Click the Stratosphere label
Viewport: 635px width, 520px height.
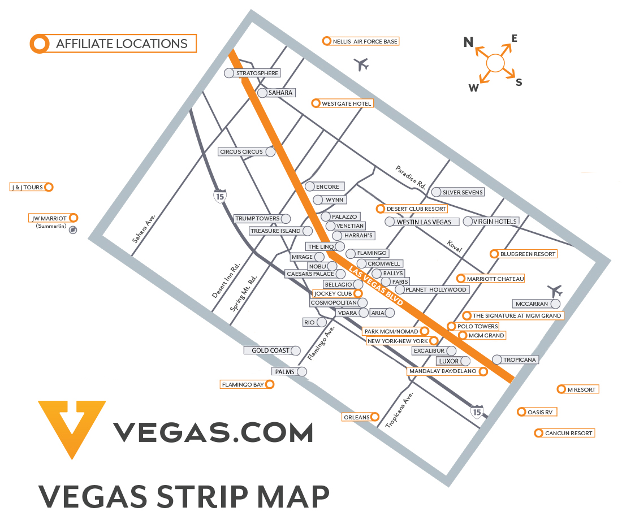257,73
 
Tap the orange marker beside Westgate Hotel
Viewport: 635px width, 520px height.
316,103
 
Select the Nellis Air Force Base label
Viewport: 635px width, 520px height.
365,41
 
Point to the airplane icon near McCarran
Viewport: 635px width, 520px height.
555,291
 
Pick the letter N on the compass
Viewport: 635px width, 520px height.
468,42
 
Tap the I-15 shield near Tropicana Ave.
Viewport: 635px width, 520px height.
477,411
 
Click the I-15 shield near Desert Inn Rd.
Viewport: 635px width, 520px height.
220,196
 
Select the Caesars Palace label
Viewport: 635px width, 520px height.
310,274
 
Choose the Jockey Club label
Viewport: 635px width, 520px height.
333,294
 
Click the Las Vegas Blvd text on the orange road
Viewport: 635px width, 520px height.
377,286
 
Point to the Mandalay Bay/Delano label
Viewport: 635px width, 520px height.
443,371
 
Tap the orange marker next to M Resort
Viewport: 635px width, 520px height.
561,389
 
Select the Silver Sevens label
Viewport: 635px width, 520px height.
462,192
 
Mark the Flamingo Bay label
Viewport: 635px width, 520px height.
243,384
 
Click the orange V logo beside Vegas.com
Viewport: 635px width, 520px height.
72,427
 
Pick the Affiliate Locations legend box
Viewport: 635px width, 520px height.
113,44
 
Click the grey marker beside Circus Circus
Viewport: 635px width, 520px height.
271,151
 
